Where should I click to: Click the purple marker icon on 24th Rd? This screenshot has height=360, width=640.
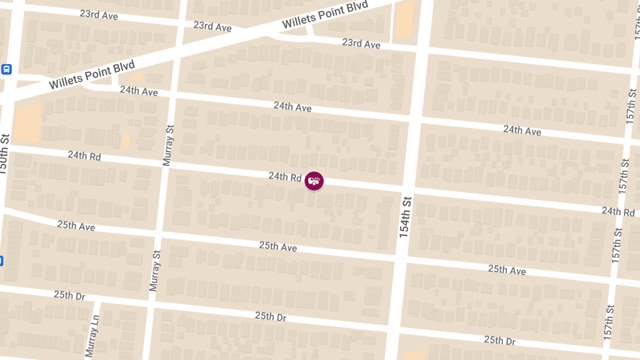point(314,181)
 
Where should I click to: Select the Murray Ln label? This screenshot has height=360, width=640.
point(92,334)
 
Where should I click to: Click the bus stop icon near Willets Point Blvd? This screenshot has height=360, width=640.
point(6,69)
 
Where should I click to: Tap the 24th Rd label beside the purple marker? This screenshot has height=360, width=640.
point(285,176)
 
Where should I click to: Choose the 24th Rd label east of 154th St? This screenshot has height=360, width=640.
point(618,211)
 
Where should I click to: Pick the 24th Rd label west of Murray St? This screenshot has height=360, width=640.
point(84,156)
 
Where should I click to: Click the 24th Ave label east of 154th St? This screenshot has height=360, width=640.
point(522,130)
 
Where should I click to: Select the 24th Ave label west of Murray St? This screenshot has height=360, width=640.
point(139,91)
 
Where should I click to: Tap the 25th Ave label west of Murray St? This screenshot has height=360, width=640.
point(76,226)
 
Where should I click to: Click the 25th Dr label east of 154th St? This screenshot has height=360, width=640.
point(500,340)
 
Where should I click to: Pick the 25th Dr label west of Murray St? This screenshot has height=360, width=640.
point(69,295)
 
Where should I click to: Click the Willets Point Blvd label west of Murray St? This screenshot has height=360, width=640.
point(91,75)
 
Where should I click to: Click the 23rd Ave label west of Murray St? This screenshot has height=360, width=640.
point(99,15)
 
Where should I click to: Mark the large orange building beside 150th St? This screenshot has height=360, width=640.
point(27,122)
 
